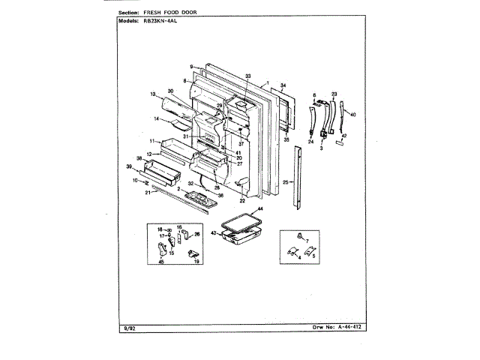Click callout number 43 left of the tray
point(213,233)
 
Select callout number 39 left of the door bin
point(128,166)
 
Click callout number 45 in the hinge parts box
point(160,262)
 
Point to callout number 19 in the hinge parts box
point(196,262)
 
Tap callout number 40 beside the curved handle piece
point(353,115)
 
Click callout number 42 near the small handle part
point(345,136)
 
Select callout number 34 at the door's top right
point(283,85)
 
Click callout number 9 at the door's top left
point(192,66)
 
